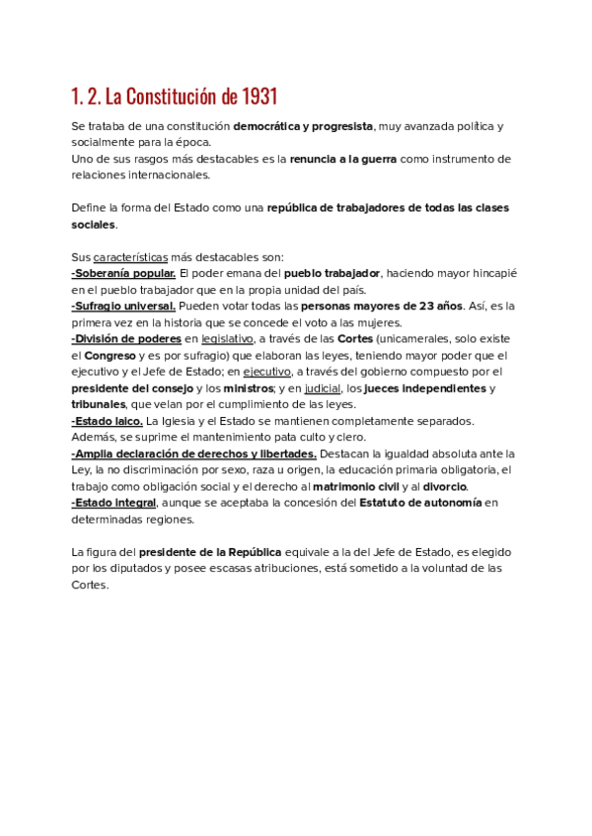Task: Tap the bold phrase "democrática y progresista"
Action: (303, 126)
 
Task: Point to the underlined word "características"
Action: (131, 256)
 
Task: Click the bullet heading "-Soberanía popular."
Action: (123, 272)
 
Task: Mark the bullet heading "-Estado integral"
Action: (114, 503)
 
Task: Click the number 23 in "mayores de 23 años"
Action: (426, 307)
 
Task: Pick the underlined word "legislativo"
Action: (228, 339)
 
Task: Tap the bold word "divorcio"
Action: (445, 487)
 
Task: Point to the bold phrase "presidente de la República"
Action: (210, 552)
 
